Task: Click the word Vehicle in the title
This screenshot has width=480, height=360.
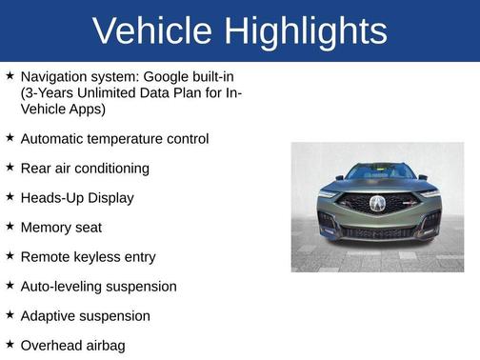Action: pyautogui.click(x=153, y=31)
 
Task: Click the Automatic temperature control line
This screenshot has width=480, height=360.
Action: pyautogui.click(x=114, y=139)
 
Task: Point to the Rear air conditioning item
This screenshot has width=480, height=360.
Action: pyautogui.click(x=85, y=169)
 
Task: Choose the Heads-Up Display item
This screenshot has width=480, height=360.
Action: pyautogui.click(x=77, y=198)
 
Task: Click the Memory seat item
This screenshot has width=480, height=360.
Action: pyautogui.click(x=61, y=228)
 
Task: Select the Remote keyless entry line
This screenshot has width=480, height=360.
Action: pyautogui.click(x=88, y=257)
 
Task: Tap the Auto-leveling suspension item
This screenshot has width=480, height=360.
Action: pyautogui.click(x=98, y=287)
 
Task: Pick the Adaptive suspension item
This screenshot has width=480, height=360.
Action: pyautogui.click(x=85, y=316)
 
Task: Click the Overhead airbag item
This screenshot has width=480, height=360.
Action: pyautogui.click(x=72, y=346)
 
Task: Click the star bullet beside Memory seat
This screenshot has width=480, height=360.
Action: pyautogui.click(x=10, y=227)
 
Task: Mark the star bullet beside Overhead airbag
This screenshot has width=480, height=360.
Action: pyautogui.click(x=10, y=345)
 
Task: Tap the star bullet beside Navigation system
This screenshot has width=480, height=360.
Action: pyautogui.click(x=10, y=75)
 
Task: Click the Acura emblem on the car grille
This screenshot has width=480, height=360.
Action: pyautogui.click(x=377, y=203)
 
